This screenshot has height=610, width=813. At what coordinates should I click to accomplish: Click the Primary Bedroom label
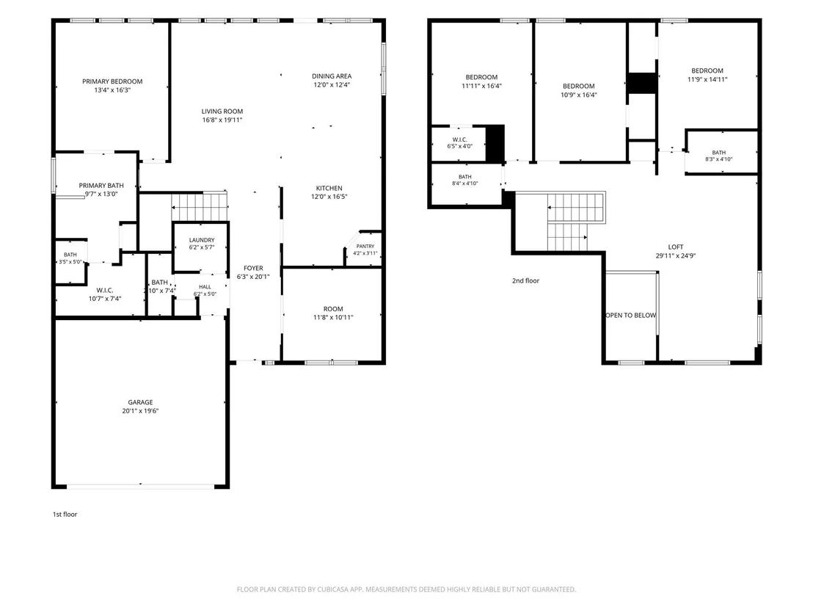click(112, 81)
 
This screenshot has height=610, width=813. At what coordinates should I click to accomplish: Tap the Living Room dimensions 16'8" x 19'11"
click(222, 120)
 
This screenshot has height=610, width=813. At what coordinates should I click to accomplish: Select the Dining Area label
click(332, 76)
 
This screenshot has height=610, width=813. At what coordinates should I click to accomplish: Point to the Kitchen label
click(329, 189)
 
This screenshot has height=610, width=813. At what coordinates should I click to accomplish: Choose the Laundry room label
click(202, 240)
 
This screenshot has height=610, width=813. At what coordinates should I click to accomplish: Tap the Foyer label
click(254, 268)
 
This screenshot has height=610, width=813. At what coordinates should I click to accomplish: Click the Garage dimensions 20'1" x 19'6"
click(140, 411)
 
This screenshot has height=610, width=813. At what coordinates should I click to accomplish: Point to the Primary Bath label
click(101, 185)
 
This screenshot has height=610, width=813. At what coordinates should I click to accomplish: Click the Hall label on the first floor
click(205, 287)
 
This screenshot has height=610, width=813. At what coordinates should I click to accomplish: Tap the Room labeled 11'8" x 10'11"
click(333, 313)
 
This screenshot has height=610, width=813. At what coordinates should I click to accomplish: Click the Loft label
click(676, 247)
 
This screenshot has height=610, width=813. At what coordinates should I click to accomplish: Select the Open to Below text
click(630, 316)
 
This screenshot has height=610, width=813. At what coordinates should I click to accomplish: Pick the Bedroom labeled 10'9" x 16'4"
click(579, 90)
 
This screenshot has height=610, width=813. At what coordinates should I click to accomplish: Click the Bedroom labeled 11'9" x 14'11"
click(707, 75)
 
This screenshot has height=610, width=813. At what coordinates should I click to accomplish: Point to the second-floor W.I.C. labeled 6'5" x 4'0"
click(460, 142)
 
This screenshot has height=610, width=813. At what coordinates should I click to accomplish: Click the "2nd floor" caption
click(526, 280)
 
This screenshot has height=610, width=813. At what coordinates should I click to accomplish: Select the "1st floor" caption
click(65, 514)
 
